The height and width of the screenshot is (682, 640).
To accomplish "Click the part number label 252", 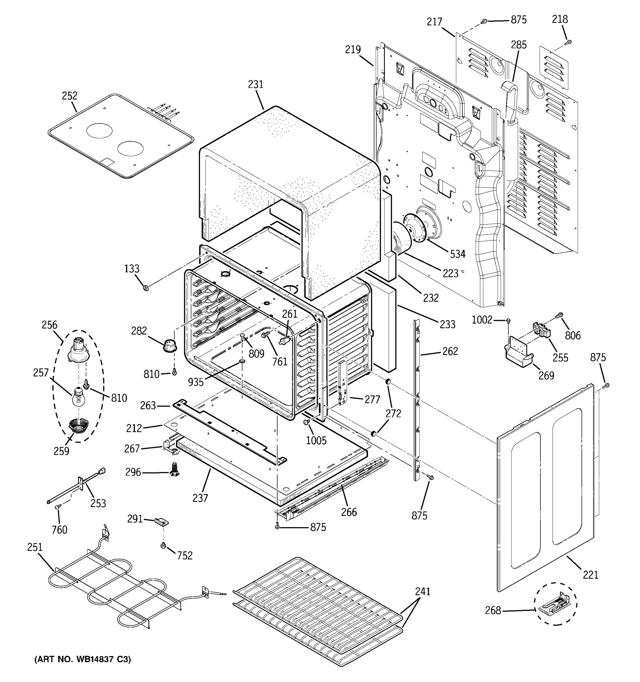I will pyautogui.click(x=69, y=96).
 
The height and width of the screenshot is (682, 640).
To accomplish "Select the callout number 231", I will pyautogui.click(x=255, y=84).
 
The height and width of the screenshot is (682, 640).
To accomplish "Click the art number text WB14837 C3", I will pyautogui.click(x=82, y=659).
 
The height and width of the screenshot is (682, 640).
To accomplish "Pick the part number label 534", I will pyautogui.click(x=458, y=254).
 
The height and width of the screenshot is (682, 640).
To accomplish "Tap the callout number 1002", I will pyautogui.click(x=482, y=320).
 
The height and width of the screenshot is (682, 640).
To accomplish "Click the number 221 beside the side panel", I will pyautogui.click(x=590, y=574).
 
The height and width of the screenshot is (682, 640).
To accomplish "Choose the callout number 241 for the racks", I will pyautogui.click(x=422, y=591).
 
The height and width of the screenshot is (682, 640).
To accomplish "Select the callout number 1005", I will pyautogui.click(x=316, y=440).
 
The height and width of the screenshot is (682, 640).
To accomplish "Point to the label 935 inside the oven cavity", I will pyautogui.click(x=196, y=382).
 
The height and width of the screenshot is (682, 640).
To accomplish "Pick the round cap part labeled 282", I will pyautogui.click(x=170, y=344).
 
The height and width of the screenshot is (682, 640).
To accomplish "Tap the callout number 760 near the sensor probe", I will pyautogui.click(x=59, y=530).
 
